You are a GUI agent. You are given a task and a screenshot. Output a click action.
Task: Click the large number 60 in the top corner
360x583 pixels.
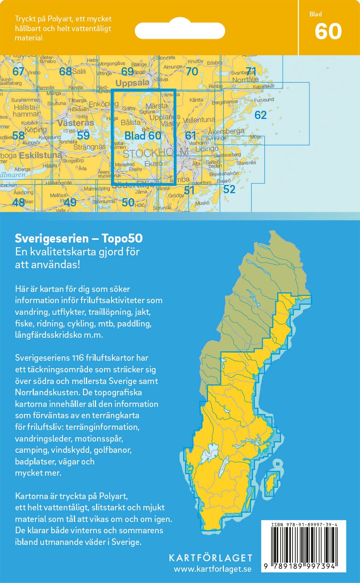[328, 31]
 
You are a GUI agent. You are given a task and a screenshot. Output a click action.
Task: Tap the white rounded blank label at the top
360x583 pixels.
[180, 30]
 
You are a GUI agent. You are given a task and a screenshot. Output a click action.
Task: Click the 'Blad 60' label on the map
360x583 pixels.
[143, 135]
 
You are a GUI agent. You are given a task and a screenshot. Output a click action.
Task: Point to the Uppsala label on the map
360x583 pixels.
[132, 83]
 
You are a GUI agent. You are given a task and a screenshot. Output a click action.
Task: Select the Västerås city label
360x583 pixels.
[75, 123]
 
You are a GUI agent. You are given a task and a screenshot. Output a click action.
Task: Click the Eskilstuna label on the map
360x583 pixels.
[41, 155]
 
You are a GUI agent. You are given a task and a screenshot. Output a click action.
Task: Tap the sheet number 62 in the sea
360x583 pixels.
[260, 115]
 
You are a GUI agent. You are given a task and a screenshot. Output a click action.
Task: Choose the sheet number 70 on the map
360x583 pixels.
[192, 72]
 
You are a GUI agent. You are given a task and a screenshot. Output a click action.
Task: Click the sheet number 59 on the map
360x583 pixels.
[83, 135]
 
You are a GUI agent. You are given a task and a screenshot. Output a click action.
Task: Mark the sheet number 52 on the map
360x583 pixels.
[229, 189]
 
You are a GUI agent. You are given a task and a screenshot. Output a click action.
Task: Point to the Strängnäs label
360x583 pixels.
[89, 147]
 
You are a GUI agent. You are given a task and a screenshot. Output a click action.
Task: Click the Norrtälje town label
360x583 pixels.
[245, 80]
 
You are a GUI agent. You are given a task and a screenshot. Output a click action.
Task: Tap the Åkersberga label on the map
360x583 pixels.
[226, 131]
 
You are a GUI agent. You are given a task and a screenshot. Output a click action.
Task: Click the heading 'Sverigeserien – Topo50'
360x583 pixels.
[79, 238]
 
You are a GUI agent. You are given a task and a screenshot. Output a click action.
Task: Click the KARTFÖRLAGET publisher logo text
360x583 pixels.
[210, 558]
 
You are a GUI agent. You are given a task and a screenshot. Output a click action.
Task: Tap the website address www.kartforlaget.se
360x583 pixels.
[212, 569]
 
